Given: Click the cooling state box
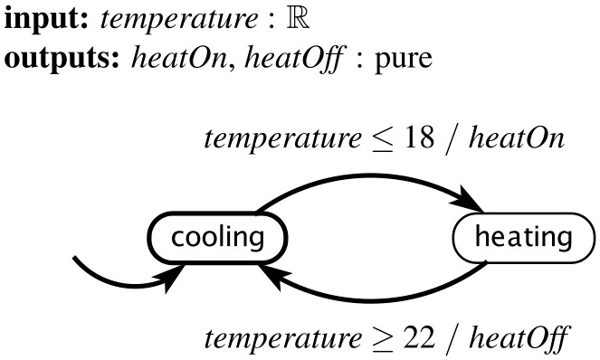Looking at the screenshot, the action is click(217, 238).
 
